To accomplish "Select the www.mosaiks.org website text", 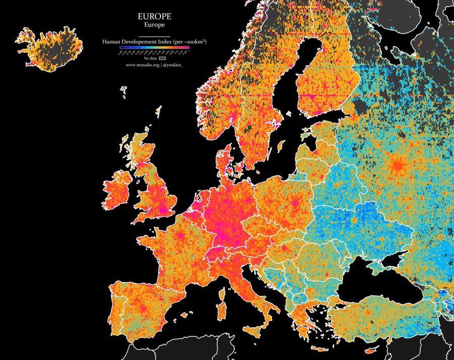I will (142, 65).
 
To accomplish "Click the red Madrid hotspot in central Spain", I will (144, 307).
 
